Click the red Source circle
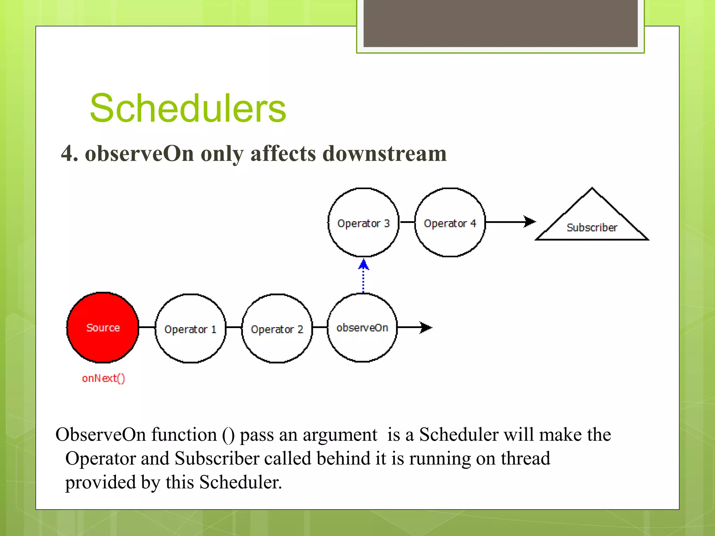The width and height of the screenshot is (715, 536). (103, 327)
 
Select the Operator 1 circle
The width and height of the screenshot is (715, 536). (190, 329)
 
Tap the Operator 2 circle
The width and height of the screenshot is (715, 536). (277, 329)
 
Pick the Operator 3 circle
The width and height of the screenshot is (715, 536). (363, 223)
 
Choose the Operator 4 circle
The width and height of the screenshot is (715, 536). (450, 223)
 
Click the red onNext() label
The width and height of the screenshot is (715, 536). (103, 378)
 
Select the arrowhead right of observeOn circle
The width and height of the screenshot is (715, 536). (426, 327)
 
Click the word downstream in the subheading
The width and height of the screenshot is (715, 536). (384, 154)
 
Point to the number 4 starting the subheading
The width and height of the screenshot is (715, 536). (67, 154)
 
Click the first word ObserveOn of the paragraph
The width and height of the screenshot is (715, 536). (101, 435)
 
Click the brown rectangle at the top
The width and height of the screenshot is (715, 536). (500, 23)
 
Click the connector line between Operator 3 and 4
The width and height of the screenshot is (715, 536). (407, 222)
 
